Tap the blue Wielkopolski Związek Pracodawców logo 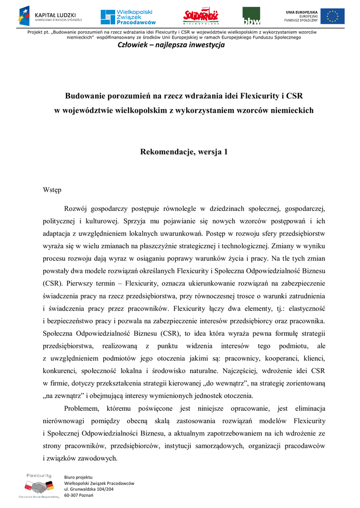pos(128,17)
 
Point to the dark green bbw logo pos(251,16)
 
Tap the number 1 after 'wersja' pos(226,152)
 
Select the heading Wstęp pos(52,189)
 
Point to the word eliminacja pos(310,408)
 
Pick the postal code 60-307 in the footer pos(72,495)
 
